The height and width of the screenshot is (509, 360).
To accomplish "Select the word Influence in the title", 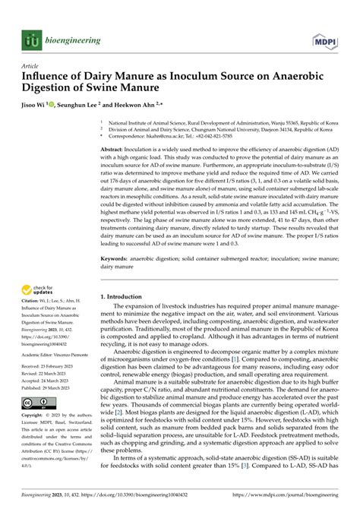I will point(51,77).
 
